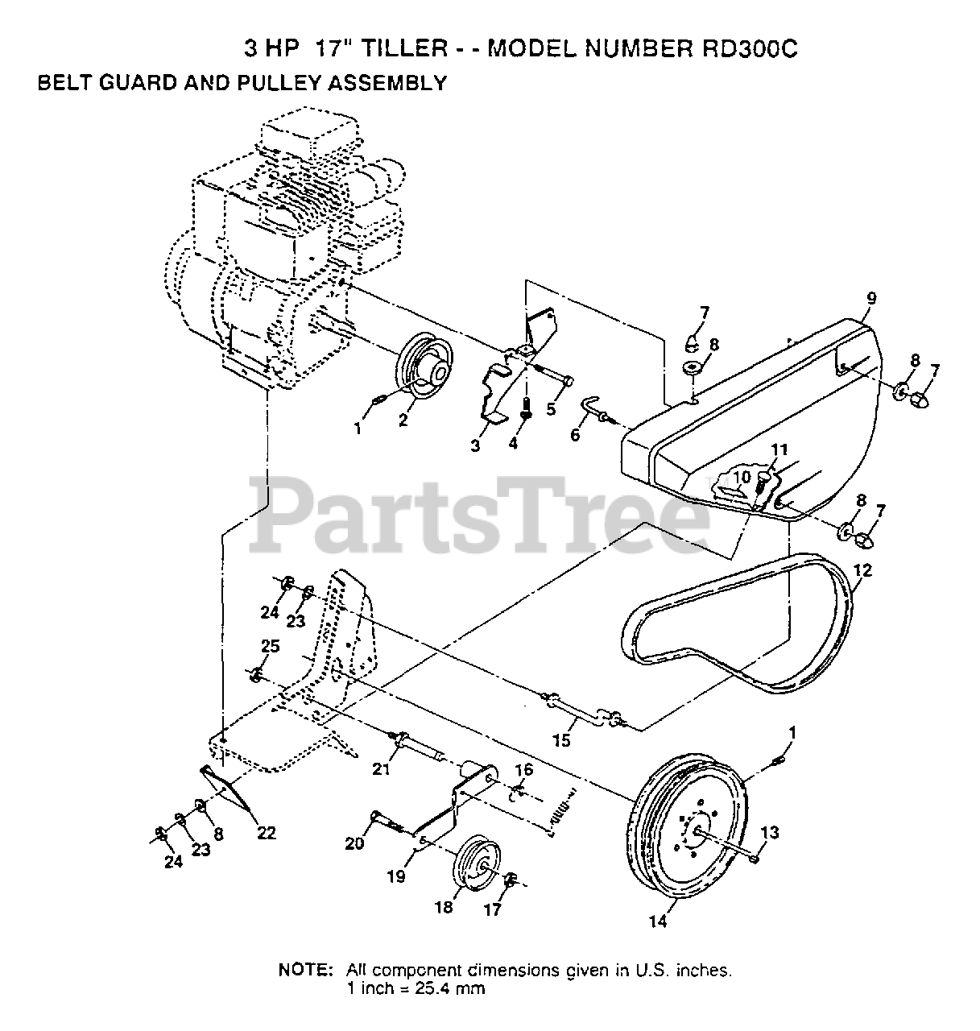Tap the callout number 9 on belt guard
(x=871, y=298)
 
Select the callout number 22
(x=266, y=833)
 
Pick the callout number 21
(x=381, y=770)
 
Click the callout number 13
(x=770, y=832)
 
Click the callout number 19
(x=396, y=876)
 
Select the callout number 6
(x=574, y=434)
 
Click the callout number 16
(x=523, y=770)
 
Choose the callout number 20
(x=354, y=843)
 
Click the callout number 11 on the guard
(x=778, y=449)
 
